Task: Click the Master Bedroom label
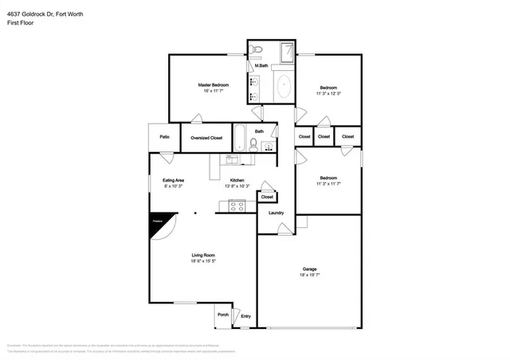[x=214, y=84]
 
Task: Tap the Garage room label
[x=309, y=269]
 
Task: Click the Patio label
[x=164, y=137]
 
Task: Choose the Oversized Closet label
[x=206, y=138]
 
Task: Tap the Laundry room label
[x=277, y=213]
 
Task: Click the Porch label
[x=223, y=315]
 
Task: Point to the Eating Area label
[x=174, y=181]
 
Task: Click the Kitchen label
[x=237, y=181]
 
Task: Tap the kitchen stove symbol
[x=237, y=205]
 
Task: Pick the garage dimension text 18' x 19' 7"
[x=309, y=276]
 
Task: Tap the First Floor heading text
[x=21, y=23]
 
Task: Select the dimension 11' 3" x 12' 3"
[x=328, y=94]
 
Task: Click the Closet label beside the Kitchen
[x=267, y=197]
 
